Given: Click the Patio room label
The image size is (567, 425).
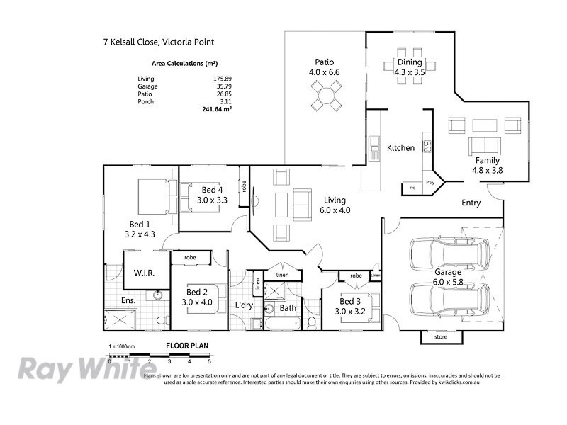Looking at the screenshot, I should point(325,62).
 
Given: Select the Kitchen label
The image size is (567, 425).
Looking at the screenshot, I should point(400,148).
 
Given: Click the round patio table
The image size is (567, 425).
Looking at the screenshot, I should point(326,95).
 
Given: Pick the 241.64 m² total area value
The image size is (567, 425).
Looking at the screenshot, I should point(217,110).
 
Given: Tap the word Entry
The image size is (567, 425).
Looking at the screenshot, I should point(471,203).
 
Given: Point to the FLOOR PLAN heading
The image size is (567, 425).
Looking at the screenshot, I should point(186,346).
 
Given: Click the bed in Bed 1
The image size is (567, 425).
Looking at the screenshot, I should point(155,196).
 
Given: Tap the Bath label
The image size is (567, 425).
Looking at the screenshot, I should point(288,308).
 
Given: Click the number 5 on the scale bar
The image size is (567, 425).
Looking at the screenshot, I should point(210,362).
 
